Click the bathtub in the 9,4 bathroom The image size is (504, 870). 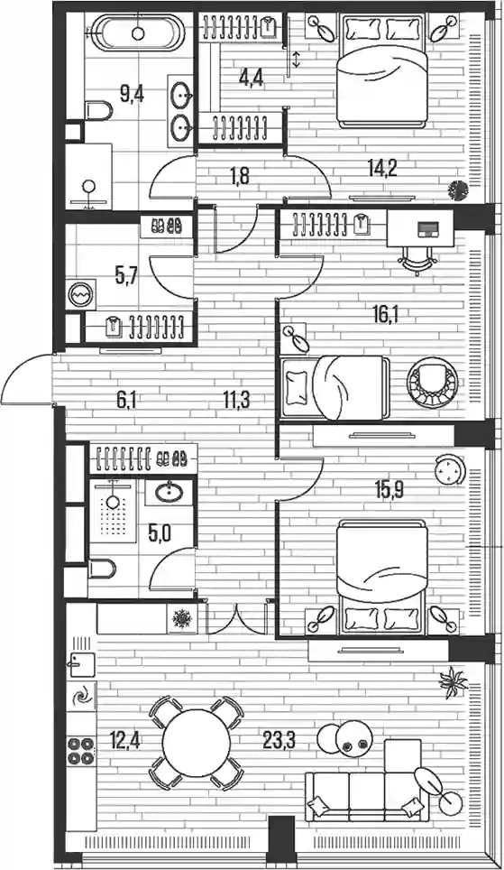click(x=138, y=33)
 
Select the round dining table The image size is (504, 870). click(x=197, y=743)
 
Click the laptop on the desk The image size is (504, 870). click(x=427, y=228)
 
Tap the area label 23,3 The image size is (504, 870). click(x=279, y=741)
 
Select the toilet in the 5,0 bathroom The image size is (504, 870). click(x=102, y=569)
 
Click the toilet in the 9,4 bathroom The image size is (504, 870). click(x=99, y=110)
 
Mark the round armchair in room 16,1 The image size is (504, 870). click(x=433, y=382)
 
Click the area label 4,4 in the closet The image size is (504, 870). click(x=251, y=77)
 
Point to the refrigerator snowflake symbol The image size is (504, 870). click(x=180, y=618)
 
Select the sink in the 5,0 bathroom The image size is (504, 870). click(x=170, y=492)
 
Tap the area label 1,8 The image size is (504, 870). click(x=239, y=177)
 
